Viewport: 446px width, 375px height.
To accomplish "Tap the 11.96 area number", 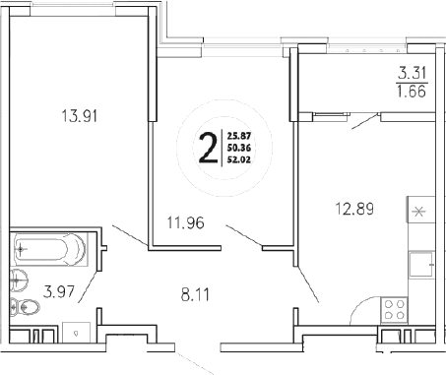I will [185, 221].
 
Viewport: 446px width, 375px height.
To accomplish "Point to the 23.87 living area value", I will [239, 137].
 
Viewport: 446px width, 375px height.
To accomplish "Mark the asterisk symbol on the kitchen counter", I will [416, 211].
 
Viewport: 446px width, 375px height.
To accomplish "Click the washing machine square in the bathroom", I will [77, 333].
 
